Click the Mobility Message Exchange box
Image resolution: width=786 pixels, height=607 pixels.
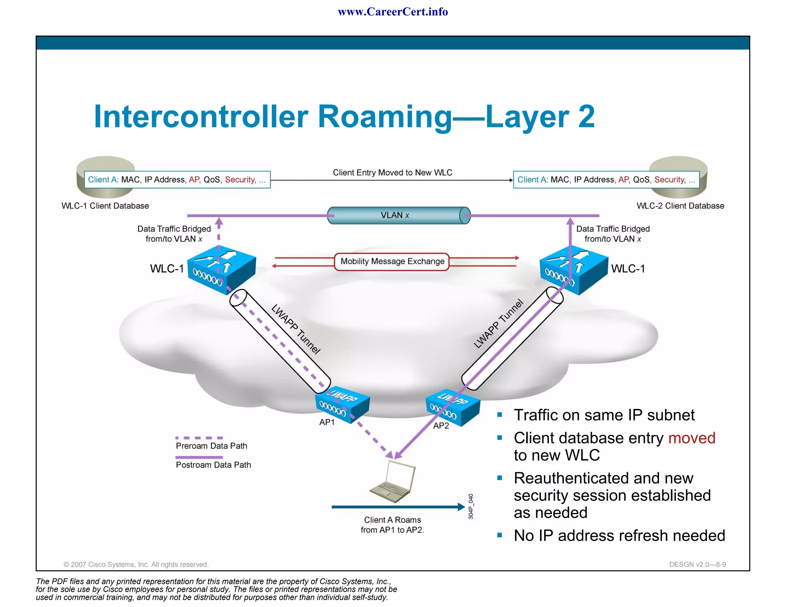pos(392,262)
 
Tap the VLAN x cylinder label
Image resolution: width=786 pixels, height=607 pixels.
pos(395,215)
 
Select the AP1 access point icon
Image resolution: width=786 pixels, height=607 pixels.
pos(342,404)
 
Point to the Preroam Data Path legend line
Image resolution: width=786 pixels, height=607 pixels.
pos(199,438)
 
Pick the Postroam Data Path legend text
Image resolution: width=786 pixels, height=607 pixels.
pos(213,465)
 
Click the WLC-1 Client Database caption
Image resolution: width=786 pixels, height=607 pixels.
pos(105,206)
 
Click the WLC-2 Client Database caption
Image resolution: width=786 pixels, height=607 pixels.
pos(680,206)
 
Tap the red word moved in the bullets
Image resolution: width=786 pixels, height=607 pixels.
pos(692,438)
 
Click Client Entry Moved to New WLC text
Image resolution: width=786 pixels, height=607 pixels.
pos(392,173)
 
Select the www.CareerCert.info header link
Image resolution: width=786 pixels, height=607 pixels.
pos(393,12)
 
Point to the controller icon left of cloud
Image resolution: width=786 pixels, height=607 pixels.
pos(221,269)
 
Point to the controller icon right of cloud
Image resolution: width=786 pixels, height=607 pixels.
pos(574,269)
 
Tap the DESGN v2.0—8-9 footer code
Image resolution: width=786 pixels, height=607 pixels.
pos(697,564)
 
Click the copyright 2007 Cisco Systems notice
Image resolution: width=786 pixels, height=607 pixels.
pos(136,564)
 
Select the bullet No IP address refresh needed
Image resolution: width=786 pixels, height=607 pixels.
pos(619,536)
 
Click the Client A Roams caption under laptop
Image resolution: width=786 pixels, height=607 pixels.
pos(392,525)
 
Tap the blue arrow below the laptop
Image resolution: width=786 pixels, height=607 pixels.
pos(398,507)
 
